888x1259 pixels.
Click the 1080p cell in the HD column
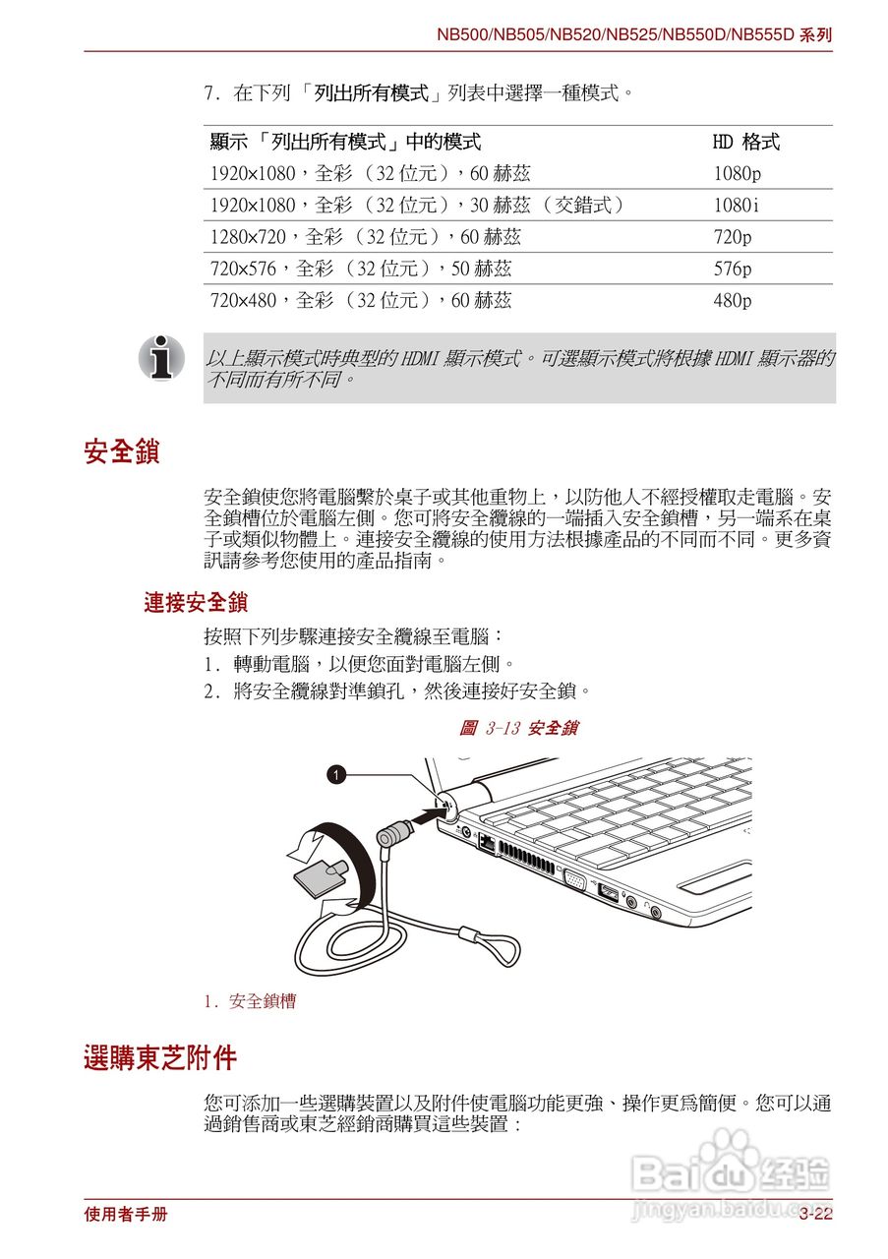click(737, 174)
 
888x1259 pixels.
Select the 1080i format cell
click(736, 206)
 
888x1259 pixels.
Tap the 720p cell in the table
click(733, 237)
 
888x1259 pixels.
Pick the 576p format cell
click(733, 269)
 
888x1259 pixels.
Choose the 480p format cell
click(733, 300)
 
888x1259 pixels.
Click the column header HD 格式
click(745, 143)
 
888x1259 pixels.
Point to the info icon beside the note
click(161, 357)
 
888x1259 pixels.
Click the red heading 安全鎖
click(122, 453)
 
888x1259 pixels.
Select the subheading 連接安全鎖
click(196, 603)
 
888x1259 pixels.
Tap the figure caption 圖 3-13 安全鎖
click(518, 729)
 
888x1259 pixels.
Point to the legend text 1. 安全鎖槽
click(250, 1002)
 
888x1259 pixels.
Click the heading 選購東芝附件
click(160, 1059)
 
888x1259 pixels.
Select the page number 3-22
click(815, 1215)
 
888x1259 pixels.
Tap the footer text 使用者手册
click(126, 1215)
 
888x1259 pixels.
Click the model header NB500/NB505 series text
click(634, 35)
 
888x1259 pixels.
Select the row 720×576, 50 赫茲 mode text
click(361, 269)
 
